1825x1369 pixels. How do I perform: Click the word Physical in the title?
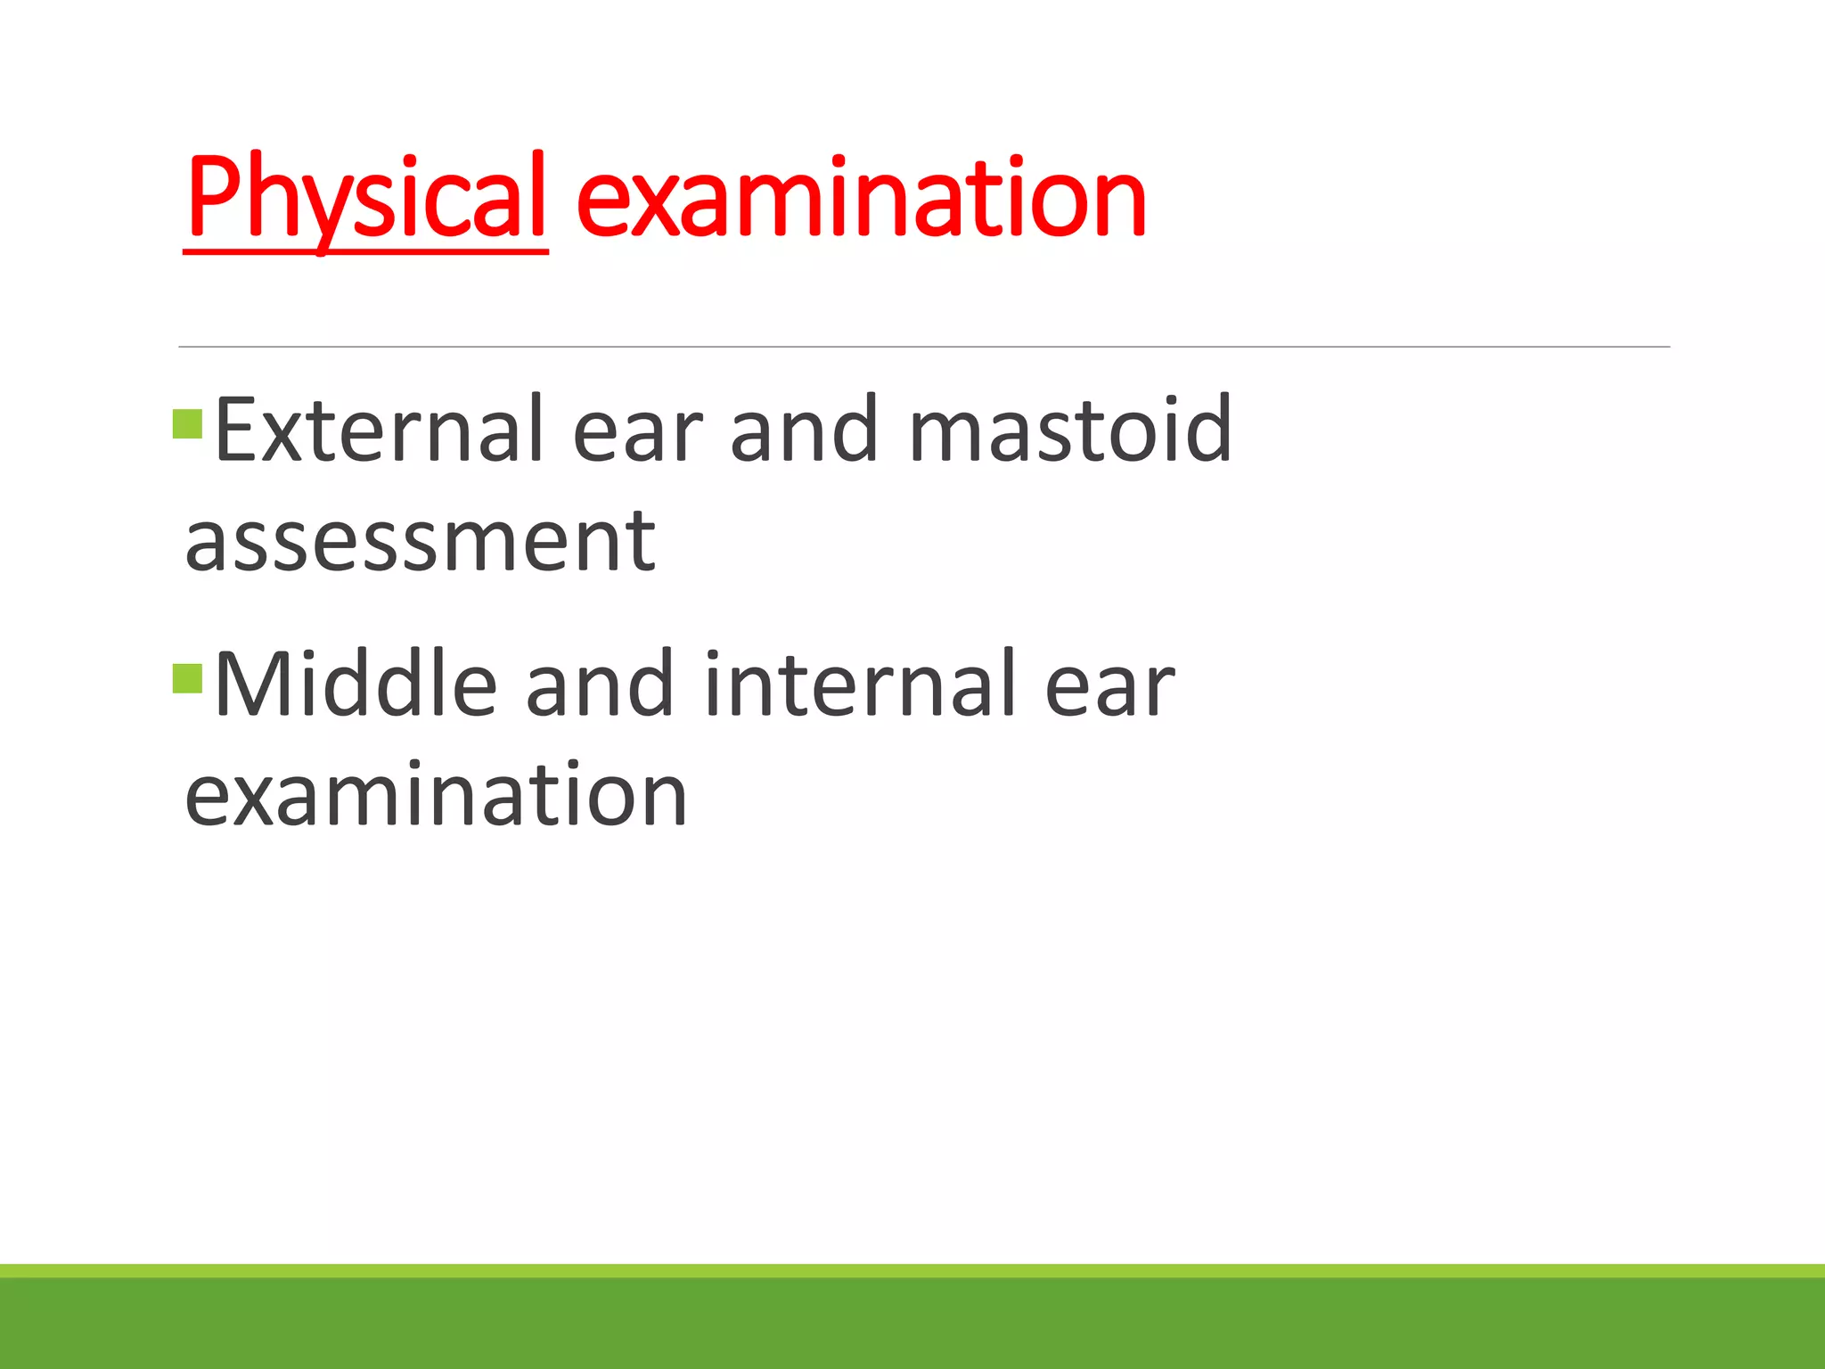365,198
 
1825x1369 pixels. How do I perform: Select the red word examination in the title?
861,198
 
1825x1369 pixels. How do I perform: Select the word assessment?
420,542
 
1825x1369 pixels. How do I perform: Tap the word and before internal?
599,684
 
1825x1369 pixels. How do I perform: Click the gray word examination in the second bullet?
436,795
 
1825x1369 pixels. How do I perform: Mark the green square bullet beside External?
188,424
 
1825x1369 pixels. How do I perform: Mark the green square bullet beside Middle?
188,679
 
